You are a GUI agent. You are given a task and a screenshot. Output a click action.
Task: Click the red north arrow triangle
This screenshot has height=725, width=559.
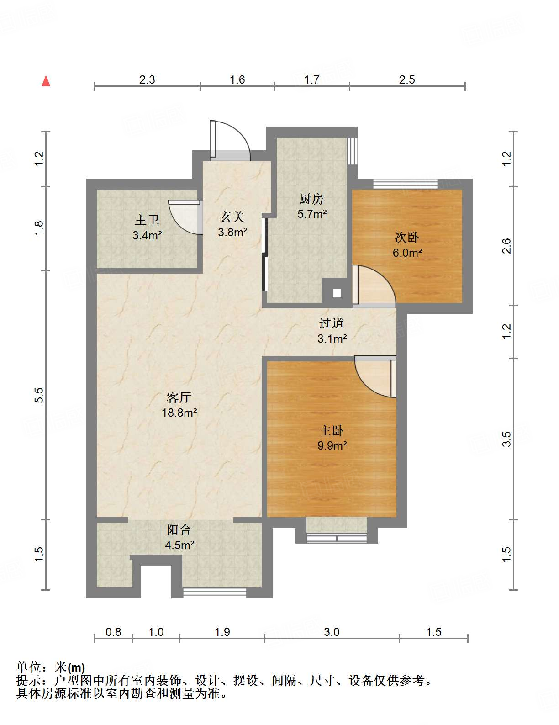[x=46, y=81]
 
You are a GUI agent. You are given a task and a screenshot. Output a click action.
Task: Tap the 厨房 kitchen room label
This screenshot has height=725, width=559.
[x=311, y=199]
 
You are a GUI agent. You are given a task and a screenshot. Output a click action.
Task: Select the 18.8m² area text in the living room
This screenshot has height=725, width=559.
[x=179, y=413]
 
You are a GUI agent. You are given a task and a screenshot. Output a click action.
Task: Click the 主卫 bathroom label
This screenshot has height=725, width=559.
[x=147, y=220]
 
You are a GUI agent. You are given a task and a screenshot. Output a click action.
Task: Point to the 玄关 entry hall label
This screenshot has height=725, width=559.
[x=232, y=217]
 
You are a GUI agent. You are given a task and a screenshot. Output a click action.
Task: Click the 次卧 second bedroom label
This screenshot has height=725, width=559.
[x=407, y=237]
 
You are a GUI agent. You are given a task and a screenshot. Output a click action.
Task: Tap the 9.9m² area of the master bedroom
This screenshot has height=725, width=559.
[x=332, y=445]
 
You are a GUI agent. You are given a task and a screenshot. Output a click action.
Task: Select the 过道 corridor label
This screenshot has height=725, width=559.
[x=332, y=323]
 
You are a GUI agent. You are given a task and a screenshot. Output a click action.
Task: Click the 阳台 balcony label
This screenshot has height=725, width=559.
[x=179, y=530]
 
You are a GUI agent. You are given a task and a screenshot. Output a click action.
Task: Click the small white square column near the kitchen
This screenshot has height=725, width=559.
[x=337, y=293]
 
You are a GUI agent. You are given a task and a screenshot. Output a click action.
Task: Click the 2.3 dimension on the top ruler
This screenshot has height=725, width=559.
[x=147, y=80]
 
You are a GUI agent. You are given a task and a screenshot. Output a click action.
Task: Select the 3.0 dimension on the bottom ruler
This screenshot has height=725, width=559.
[x=332, y=632]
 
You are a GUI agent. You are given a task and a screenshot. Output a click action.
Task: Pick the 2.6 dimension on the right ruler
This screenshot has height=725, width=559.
[x=506, y=246]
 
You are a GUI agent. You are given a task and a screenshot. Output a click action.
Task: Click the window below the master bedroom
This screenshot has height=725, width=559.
[x=337, y=538]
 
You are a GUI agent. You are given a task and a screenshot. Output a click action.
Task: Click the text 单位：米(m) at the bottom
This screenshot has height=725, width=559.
[x=51, y=667]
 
